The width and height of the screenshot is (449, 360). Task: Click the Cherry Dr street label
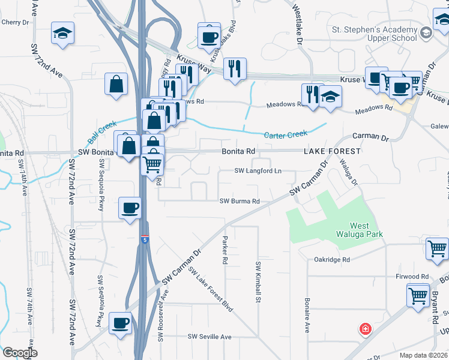(x=16, y=22)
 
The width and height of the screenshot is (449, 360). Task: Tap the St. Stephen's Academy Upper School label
(x=375, y=35)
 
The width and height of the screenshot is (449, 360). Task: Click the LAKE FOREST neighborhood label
(x=332, y=152)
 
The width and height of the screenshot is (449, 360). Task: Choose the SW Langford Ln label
(x=258, y=171)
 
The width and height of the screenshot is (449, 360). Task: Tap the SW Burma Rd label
(x=240, y=202)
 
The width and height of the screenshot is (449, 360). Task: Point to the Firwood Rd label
(x=416, y=277)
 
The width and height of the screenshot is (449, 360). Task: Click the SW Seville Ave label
(x=209, y=337)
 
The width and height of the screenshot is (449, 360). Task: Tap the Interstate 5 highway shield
(x=145, y=239)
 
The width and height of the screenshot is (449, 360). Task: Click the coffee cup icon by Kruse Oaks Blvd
(x=209, y=35)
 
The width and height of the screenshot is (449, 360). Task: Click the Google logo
(x=20, y=353)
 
